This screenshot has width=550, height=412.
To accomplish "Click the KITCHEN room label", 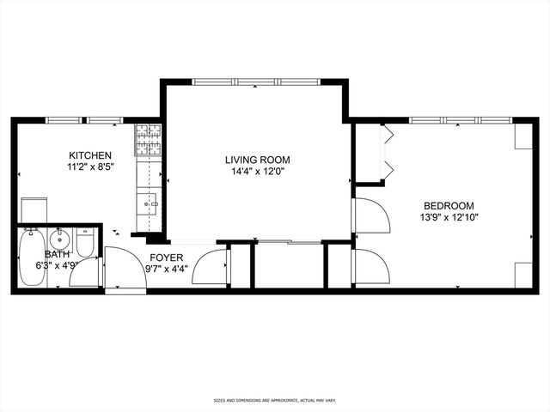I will pyautogui.click(x=90, y=155).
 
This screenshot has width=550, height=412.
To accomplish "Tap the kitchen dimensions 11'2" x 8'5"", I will pyautogui.click(x=90, y=168).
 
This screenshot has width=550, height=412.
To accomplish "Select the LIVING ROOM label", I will pyautogui.click(x=257, y=160).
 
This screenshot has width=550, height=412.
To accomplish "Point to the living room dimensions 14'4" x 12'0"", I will pyautogui.click(x=257, y=173).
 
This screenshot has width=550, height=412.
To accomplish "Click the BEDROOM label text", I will pyautogui.click(x=449, y=205).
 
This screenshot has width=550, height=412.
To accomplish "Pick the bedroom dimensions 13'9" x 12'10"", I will pyautogui.click(x=449, y=218).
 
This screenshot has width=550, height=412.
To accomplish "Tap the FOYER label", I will pyautogui.click(x=167, y=257).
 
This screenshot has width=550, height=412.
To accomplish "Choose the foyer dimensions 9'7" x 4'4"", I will pyautogui.click(x=167, y=269).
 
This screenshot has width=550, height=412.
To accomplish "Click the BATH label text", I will pyautogui.click(x=57, y=254).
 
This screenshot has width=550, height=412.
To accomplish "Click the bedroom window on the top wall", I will pyautogui.click(x=458, y=120).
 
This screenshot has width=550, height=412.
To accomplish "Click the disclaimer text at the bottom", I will pyautogui.click(x=274, y=400).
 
